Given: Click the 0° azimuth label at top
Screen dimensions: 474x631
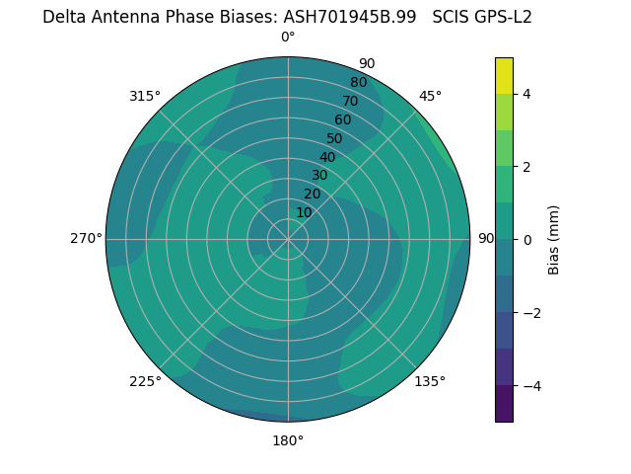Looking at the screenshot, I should [288, 38].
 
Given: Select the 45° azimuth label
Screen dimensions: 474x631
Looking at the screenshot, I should [431, 96].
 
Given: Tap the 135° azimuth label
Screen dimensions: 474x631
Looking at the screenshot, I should [430, 381].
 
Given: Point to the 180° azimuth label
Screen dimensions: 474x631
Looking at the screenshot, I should [288, 440].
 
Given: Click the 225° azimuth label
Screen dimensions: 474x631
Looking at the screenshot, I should [145, 381].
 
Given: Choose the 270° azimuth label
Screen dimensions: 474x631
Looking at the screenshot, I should [86, 238].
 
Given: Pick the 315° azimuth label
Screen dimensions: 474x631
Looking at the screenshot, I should [145, 96].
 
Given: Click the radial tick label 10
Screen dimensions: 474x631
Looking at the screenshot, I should [304, 212].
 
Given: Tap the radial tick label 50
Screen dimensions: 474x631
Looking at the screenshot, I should [335, 138].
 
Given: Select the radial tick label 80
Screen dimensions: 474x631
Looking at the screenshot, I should [358, 82].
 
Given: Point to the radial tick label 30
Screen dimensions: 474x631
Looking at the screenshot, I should [319, 176].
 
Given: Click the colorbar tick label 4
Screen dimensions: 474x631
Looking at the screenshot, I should [527, 94].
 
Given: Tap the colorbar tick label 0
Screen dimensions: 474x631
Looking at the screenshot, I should [527, 240].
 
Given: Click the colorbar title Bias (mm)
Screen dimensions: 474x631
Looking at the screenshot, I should [554, 240].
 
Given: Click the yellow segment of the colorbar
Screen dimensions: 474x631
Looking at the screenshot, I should [504, 75].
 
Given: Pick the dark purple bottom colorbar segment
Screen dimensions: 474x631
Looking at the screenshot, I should [504, 404].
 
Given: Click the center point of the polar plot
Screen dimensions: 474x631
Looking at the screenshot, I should [288, 239].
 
